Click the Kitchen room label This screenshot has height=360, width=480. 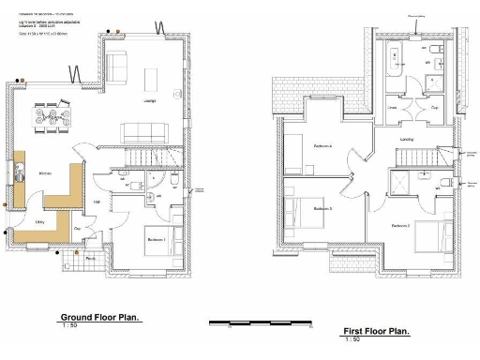pyautogui.click(x=44, y=174)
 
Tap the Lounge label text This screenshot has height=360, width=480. pyautogui.click(x=150, y=101)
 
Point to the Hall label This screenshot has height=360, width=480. pyautogui.click(x=97, y=201)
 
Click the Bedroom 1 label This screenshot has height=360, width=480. pyautogui.click(x=157, y=240)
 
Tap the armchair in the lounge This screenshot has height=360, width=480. pyautogui.click(x=117, y=66)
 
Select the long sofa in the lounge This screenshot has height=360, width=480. pyautogui.click(x=145, y=130)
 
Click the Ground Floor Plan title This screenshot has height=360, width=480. pyautogui.click(x=100, y=317)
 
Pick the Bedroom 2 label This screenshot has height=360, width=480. pyautogui.click(x=401, y=225)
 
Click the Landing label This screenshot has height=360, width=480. pyautogui.click(x=406, y=139)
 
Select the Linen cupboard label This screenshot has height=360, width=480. pyautogui.click(x=394, y=108)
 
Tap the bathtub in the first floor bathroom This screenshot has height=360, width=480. pyautogui.click(x=395, y=58)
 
